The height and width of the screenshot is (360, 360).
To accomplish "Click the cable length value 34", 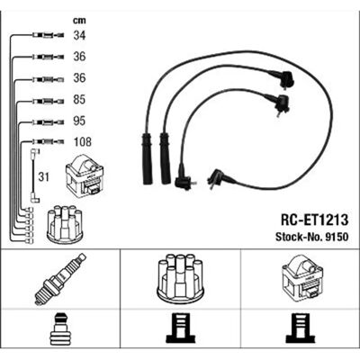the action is pyautogui.click(x=79, y=35).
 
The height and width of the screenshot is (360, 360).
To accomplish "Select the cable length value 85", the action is pyautogui.click(x=79, y=100).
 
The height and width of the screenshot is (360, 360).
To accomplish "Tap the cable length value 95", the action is pyautogui.click(x=79, y=121).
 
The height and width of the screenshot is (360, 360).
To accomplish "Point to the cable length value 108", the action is pyautogui.click(x=82, y=142).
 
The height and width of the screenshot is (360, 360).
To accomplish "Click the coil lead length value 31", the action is pyautogui.click(x=43, y=177).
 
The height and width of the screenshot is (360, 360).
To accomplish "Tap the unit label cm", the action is pyautogui.click(x=79, y=21).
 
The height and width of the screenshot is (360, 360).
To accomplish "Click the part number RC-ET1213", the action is pyautogui.click(x=314, y=220).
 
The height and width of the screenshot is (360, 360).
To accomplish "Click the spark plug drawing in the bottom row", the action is pyautogui.click(x=60, y=279).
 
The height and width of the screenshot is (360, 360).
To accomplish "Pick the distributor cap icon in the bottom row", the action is pyautogui.click(x=180, y=279).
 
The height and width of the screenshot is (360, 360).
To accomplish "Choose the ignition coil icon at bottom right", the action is pyautogui.click(x=302, y=279).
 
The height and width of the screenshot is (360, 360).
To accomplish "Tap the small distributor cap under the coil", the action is pyautogui.click(x=65, y=224).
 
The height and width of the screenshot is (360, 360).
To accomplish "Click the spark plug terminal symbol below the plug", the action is pyautogui.click(x=60, y=329).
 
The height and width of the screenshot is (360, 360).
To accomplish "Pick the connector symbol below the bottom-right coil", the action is pyautogui.click(x=301, y=329).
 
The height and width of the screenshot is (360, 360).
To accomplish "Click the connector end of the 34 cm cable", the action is pyautogui.click(x=48, y=35).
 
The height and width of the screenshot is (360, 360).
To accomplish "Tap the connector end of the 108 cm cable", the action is pyautogui.click(x=48, y=141).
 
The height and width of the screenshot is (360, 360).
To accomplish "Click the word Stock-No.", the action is pyautogui.click(x=298, y=237).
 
